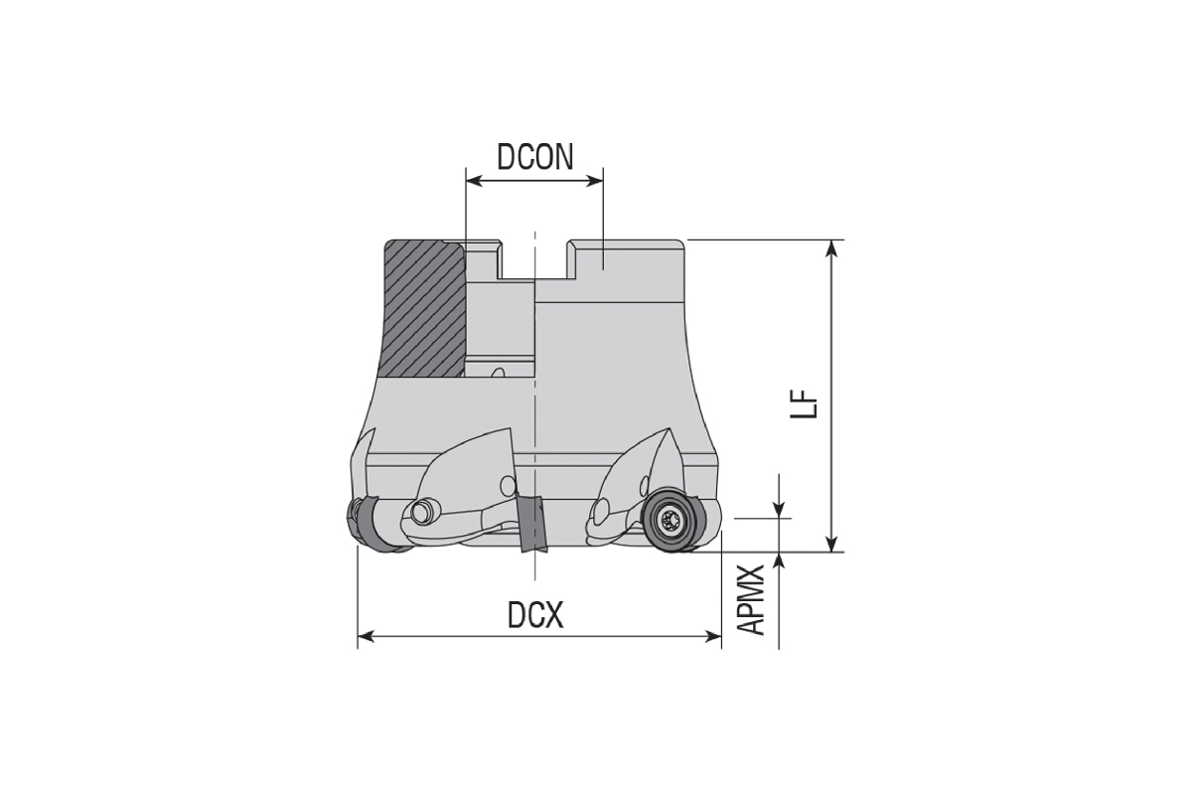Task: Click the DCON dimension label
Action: (x=534, y=157)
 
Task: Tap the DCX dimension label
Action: (x=534, y=614)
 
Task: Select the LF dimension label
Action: (x=803, y=404)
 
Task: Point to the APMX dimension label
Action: (x=751, y=600)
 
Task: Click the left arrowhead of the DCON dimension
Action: (x=474, y=181)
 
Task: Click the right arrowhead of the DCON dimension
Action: (x=595, y=181)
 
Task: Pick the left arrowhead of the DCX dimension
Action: (x=366, y=636)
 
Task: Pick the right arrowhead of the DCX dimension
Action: (x=713, y=636)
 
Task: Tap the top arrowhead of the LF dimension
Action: (x=831, y=248)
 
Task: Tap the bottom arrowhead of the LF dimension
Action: (x=831, y=544)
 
